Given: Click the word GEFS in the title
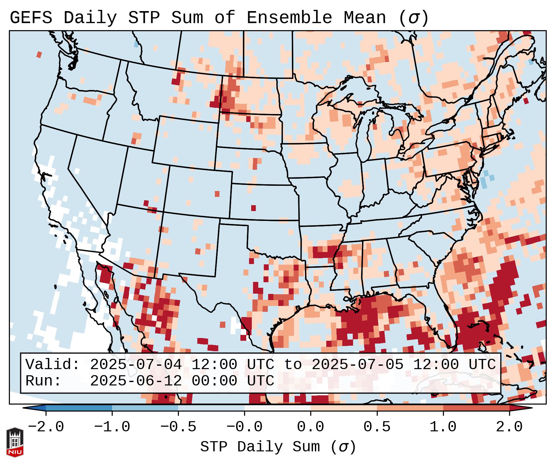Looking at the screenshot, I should (x=31, y=18).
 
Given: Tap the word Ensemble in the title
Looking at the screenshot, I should (x=289, y=18).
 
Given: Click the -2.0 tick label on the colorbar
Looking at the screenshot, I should (x=46, y=427).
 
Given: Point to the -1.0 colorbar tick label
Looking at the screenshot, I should (x=112, y=427).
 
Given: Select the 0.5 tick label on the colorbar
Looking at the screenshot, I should (x=377, y=427).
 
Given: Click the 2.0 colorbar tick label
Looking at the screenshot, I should (x=509, y=427).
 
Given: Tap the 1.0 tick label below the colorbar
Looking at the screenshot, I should (x=443, y=427).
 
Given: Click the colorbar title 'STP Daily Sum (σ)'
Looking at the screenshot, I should (x=278, y=447).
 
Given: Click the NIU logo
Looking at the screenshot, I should (x=15, y=442).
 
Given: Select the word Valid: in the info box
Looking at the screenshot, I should (x=53, y=365).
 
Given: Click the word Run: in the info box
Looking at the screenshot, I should (x=43, y=381).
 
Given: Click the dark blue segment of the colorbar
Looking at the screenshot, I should (x=79, y=408).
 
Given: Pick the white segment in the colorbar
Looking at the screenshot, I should (x=277, y=408).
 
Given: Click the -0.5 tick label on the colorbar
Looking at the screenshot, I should (x=178, y=427).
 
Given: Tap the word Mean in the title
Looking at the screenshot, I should (x=364, y=18).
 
